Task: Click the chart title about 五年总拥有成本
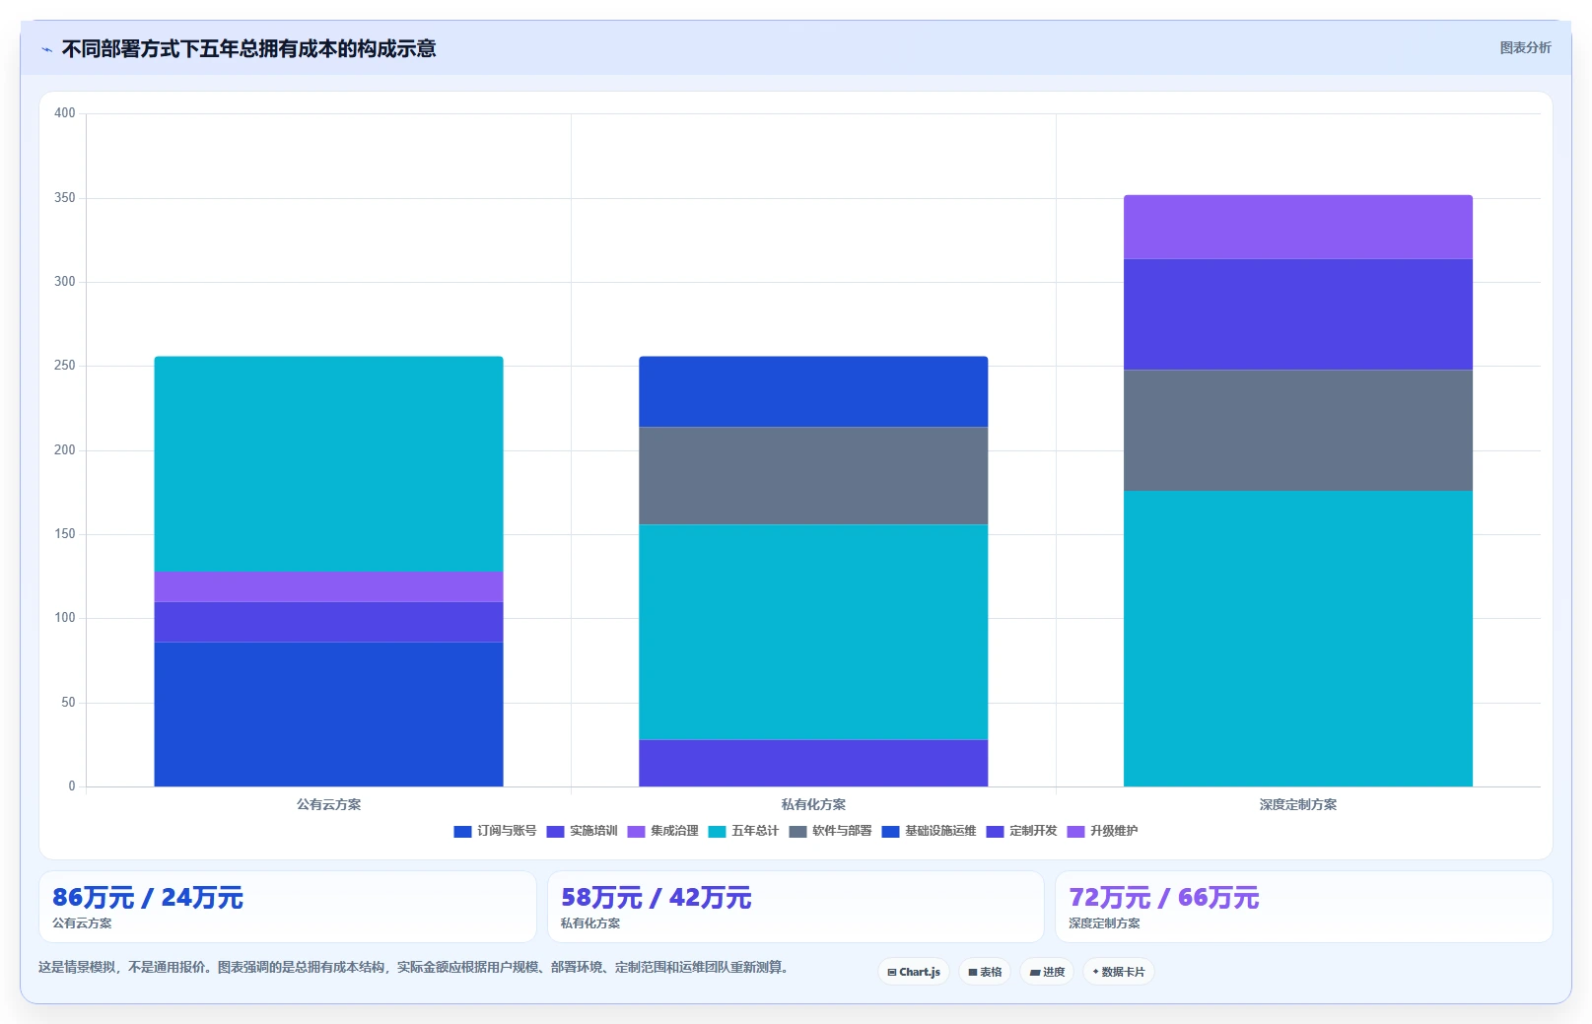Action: [x=248, y=49]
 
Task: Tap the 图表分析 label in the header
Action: [x=1525, y=47]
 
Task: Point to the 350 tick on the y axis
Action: [x=65, y=197]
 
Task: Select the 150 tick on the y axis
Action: [x=65, y=533]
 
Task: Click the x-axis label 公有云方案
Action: [x=328, y=804]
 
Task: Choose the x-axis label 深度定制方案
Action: [x=1298, y=804]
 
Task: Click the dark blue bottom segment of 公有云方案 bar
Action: [x=328, y=715]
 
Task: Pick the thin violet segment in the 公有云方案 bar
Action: [x=328, y=587]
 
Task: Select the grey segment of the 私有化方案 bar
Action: [x=813, y=475]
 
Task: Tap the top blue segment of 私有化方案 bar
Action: [x=813, y=391]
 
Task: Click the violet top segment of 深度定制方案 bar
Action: [x=1298, y=228]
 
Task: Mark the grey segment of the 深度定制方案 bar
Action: [x=1298, y=431]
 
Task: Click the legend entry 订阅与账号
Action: [x=496, y=831]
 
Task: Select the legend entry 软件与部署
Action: [x=830, y=831]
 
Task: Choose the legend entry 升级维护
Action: [x=1102, y=831]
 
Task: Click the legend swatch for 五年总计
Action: [x=717, y=832]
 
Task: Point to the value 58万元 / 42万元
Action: [x=656, y=898]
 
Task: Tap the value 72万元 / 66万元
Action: [x=1163, y=898]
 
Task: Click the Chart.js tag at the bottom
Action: [x=914, y=972]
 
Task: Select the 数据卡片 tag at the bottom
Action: [x=1118, y=972]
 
